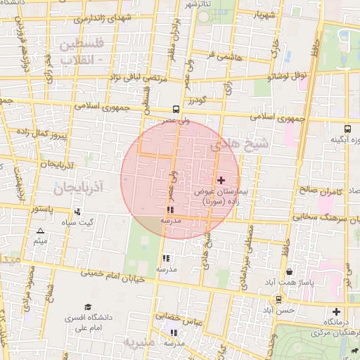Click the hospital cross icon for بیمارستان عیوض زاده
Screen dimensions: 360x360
(221, 180)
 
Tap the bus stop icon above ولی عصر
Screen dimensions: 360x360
(175, 110)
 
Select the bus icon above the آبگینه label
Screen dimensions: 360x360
(347, 129)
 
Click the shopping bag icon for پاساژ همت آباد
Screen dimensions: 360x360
(290, 271)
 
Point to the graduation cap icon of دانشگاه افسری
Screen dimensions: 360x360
(88, 307)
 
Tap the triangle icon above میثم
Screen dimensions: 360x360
(40, 231)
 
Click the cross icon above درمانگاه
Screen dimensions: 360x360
(336, 311)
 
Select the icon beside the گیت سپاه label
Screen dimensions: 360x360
(77, 212)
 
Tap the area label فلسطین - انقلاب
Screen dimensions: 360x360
(81, 51)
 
